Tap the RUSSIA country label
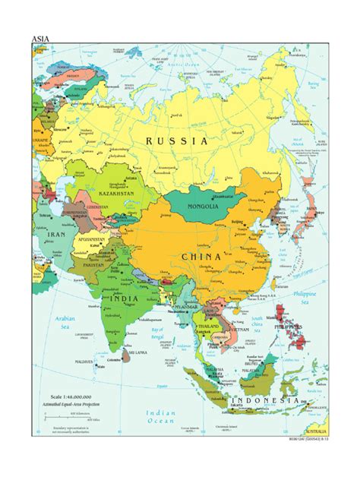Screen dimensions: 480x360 (x=177, y=141)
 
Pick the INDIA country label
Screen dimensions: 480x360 (x=123, y=299)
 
